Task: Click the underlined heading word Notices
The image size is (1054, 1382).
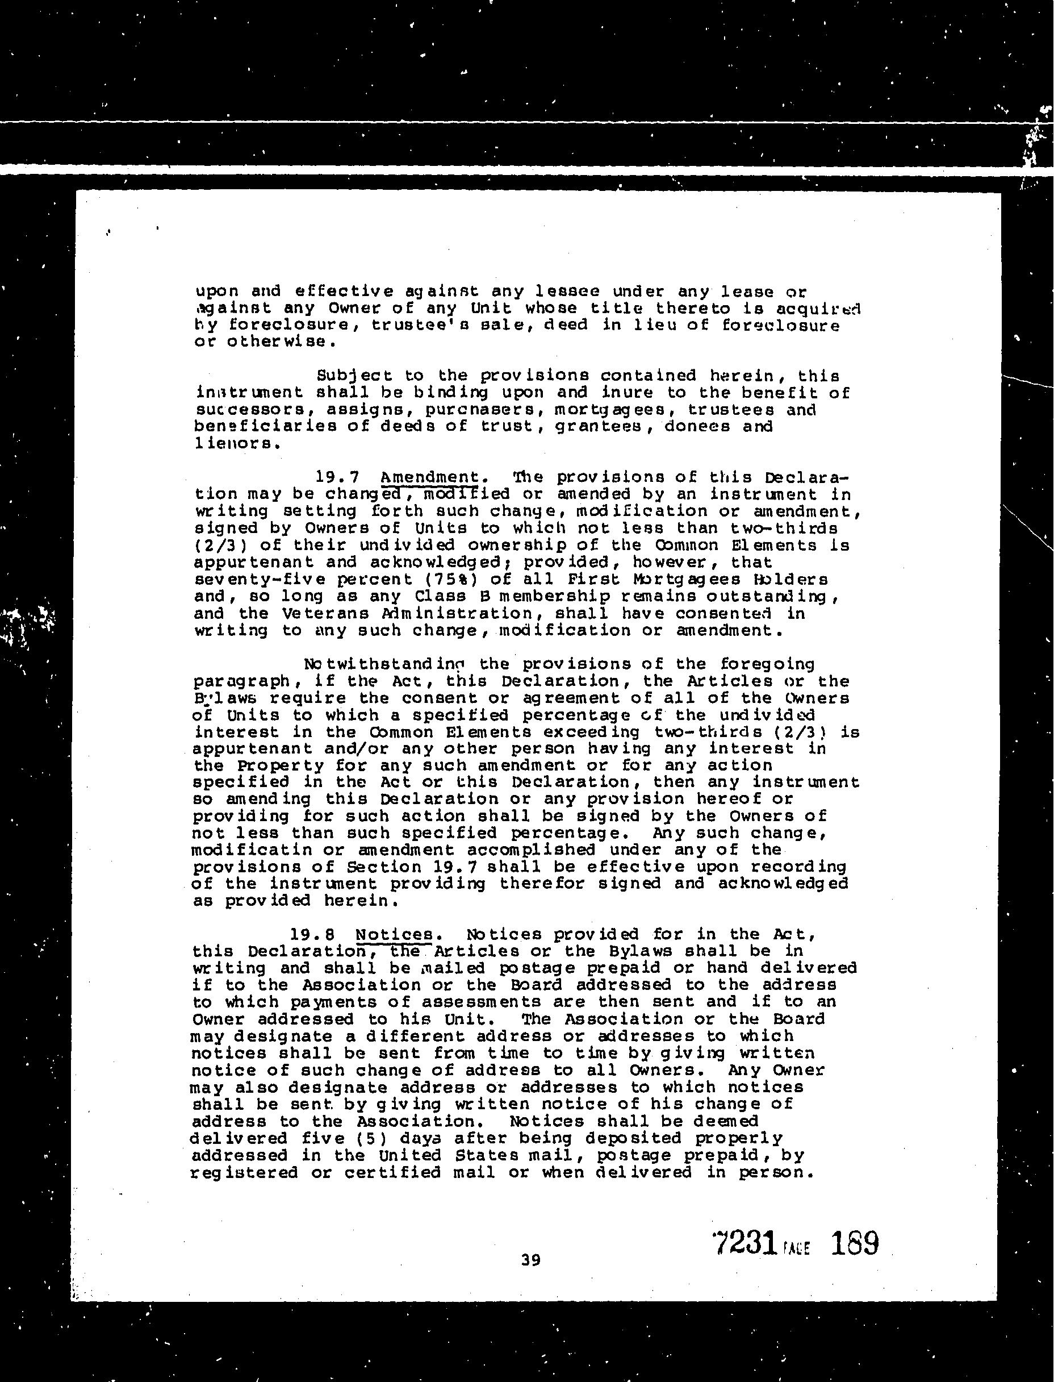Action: pos(394,935)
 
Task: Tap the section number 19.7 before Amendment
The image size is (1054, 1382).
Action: pos(336,477)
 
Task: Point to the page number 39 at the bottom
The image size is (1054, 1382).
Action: pos(531,1260)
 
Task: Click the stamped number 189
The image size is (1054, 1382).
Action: pos(854,1243)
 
